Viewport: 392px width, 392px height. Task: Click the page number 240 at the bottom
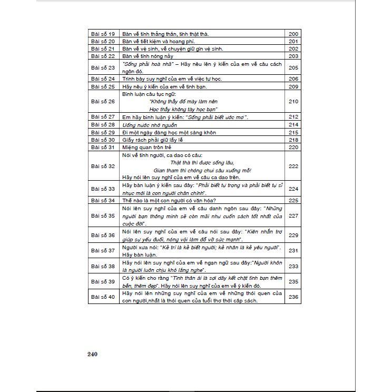[x=93, y=354]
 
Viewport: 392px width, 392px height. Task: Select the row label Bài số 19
[x=103, y=34]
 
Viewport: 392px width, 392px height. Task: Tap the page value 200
[x=293, y=34]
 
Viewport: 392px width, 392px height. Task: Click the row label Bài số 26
[x=103, y=101]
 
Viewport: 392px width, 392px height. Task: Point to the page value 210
[x=293, y=101]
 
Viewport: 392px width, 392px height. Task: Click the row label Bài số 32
[x=103, y=166]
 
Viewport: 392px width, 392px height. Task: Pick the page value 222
[x=293, y=166]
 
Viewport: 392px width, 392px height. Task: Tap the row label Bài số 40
[x=103, y=297]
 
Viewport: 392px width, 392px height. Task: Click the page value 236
[x=293, y=297]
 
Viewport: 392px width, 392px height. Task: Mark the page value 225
[x=293, y=200]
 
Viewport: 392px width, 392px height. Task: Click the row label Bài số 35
[x=103, y=215]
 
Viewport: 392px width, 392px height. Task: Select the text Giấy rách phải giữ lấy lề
[x=153, y=140]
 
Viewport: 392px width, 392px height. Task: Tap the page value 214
[x=293, y=124]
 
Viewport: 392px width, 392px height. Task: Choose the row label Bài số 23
[x=103, y=67]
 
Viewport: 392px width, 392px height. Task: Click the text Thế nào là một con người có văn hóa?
[x=169, y=200]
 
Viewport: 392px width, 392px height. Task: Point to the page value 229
[x=293, y=235]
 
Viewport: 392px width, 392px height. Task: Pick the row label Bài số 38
[x=103, y=266]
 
